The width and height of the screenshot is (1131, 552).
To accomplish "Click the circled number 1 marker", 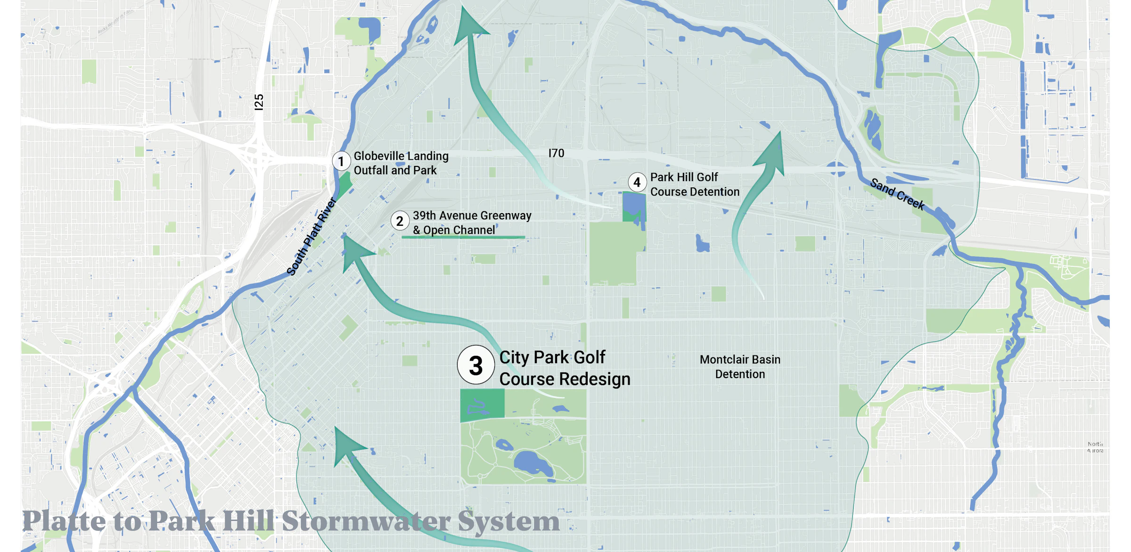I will click(x=341, y=161).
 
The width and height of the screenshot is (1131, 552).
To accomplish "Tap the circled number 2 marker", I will click(x=400, y=221).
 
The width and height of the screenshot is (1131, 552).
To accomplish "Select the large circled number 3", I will click(x=475, y=365).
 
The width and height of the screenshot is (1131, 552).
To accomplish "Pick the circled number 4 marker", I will click(x=637, y=182).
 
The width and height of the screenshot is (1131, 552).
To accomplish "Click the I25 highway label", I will click(x=259, y=102).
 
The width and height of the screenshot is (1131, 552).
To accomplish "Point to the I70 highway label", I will click(x=556, y=153).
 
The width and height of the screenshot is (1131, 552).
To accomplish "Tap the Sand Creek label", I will click(x=897, y=194).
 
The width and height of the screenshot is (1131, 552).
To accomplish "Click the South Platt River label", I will click(x=311, y=237).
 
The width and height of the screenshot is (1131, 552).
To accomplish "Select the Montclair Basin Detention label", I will click(x=740, y=367).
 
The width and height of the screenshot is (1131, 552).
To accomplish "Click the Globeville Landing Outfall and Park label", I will click(x=401, y=163).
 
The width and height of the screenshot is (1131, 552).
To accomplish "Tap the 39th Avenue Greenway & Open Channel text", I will click(x=472, y=222).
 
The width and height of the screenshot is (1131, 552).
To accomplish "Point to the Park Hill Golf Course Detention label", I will click(x=695, y=184).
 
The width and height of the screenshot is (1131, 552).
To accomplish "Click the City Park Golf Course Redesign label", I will click(x=565, y=368).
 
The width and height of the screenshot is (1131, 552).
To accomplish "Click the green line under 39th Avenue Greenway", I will click(x=463, y=237).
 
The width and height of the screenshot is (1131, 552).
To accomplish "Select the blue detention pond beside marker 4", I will click(x=634, y=204).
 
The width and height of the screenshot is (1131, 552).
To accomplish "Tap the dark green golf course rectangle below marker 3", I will click(x=482, y=404).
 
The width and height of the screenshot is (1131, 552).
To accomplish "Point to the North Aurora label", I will click(x=1095, y=447).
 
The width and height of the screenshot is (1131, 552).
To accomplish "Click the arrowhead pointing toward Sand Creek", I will click(x=772, y=153).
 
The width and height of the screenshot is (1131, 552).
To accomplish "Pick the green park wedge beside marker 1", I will click(x=344, y=185).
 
